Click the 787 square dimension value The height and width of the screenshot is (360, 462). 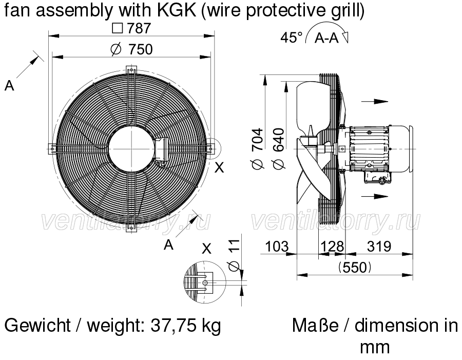[132, 28]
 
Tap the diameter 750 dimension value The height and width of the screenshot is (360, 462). [132, 49]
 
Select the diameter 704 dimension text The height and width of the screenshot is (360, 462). [258, 149]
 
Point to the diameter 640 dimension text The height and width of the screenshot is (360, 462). [279, 149]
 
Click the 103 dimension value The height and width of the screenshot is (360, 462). [277, 247]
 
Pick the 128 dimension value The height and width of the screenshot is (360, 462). [332, 247]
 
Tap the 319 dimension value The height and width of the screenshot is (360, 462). [379, 247]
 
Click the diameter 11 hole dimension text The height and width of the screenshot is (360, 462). [235, 255]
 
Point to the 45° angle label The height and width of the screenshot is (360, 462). [292, 37]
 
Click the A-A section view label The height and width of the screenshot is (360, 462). [326, 37]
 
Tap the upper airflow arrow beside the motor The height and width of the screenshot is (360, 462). [375, 101]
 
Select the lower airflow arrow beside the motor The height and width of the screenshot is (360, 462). [375, 196]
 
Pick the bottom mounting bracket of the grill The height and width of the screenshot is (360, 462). [131, 227]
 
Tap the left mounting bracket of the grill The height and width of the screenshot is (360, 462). [52, 149]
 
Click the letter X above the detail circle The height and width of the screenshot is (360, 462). [207, 250]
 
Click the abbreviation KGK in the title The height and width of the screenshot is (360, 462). [177, 10]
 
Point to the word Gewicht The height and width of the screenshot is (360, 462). [37, 325]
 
